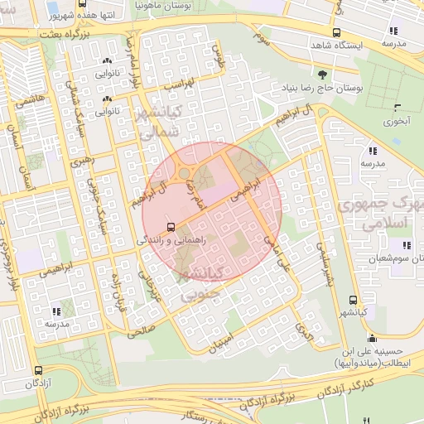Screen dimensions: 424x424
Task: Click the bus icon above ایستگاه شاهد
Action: tap(336, 33)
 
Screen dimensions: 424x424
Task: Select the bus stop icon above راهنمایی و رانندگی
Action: tap(171, 226)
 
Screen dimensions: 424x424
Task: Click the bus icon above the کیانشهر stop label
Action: tap(354, 301)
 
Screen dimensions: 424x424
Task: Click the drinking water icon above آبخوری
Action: tap(398, 108)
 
